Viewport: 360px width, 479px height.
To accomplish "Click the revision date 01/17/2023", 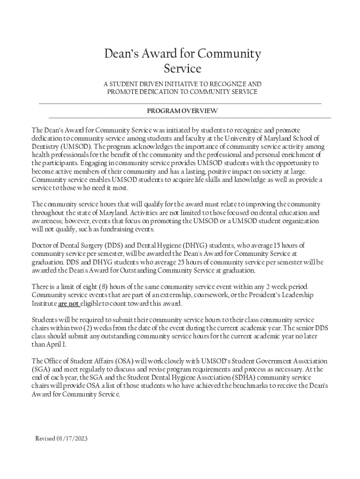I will [72, 438].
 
